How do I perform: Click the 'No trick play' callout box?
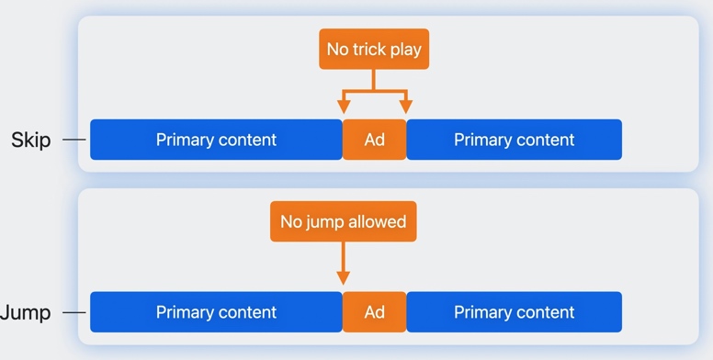[x=374, y=49]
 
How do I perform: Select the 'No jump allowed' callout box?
[x=343, y=221]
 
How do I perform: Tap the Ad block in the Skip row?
[x=374, y=140]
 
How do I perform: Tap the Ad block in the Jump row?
[x=374, y=312]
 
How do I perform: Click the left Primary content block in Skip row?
[x=216, y=140]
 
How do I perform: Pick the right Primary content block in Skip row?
[x=514, y=140]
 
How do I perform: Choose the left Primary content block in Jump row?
[x=216, y=312]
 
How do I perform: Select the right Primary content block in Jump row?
[x=514, y=312]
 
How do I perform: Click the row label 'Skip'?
[x=30, y=141]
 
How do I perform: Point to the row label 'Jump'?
[x=26, y=313]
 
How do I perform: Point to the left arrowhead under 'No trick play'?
[x=343, y=107]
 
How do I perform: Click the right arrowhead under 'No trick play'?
[x=405, y=107]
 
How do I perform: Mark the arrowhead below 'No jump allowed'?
[x=343, y=277]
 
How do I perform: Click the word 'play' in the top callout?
[x=406, y=50]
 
